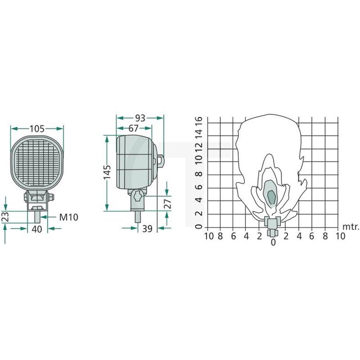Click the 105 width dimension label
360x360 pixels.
click(x=37, y=129)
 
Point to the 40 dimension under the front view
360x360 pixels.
click(x=37, y=228)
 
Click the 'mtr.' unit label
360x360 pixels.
click(x=351, y=227)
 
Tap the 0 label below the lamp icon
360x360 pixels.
click(x=272, y=242)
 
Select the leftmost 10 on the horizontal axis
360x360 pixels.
click(x=209, y=236)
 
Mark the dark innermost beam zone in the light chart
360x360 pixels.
click(x=271, y=196)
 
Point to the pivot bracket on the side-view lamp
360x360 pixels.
click(x=137, y=197)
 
